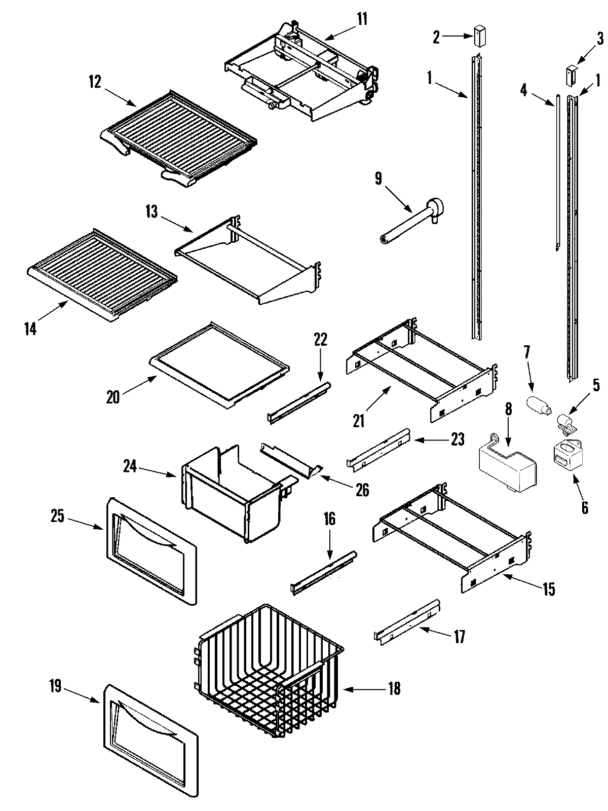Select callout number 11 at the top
(362, 20)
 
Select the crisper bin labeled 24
(231, 494)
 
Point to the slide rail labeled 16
(324, 573)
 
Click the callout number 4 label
(523, 91)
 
